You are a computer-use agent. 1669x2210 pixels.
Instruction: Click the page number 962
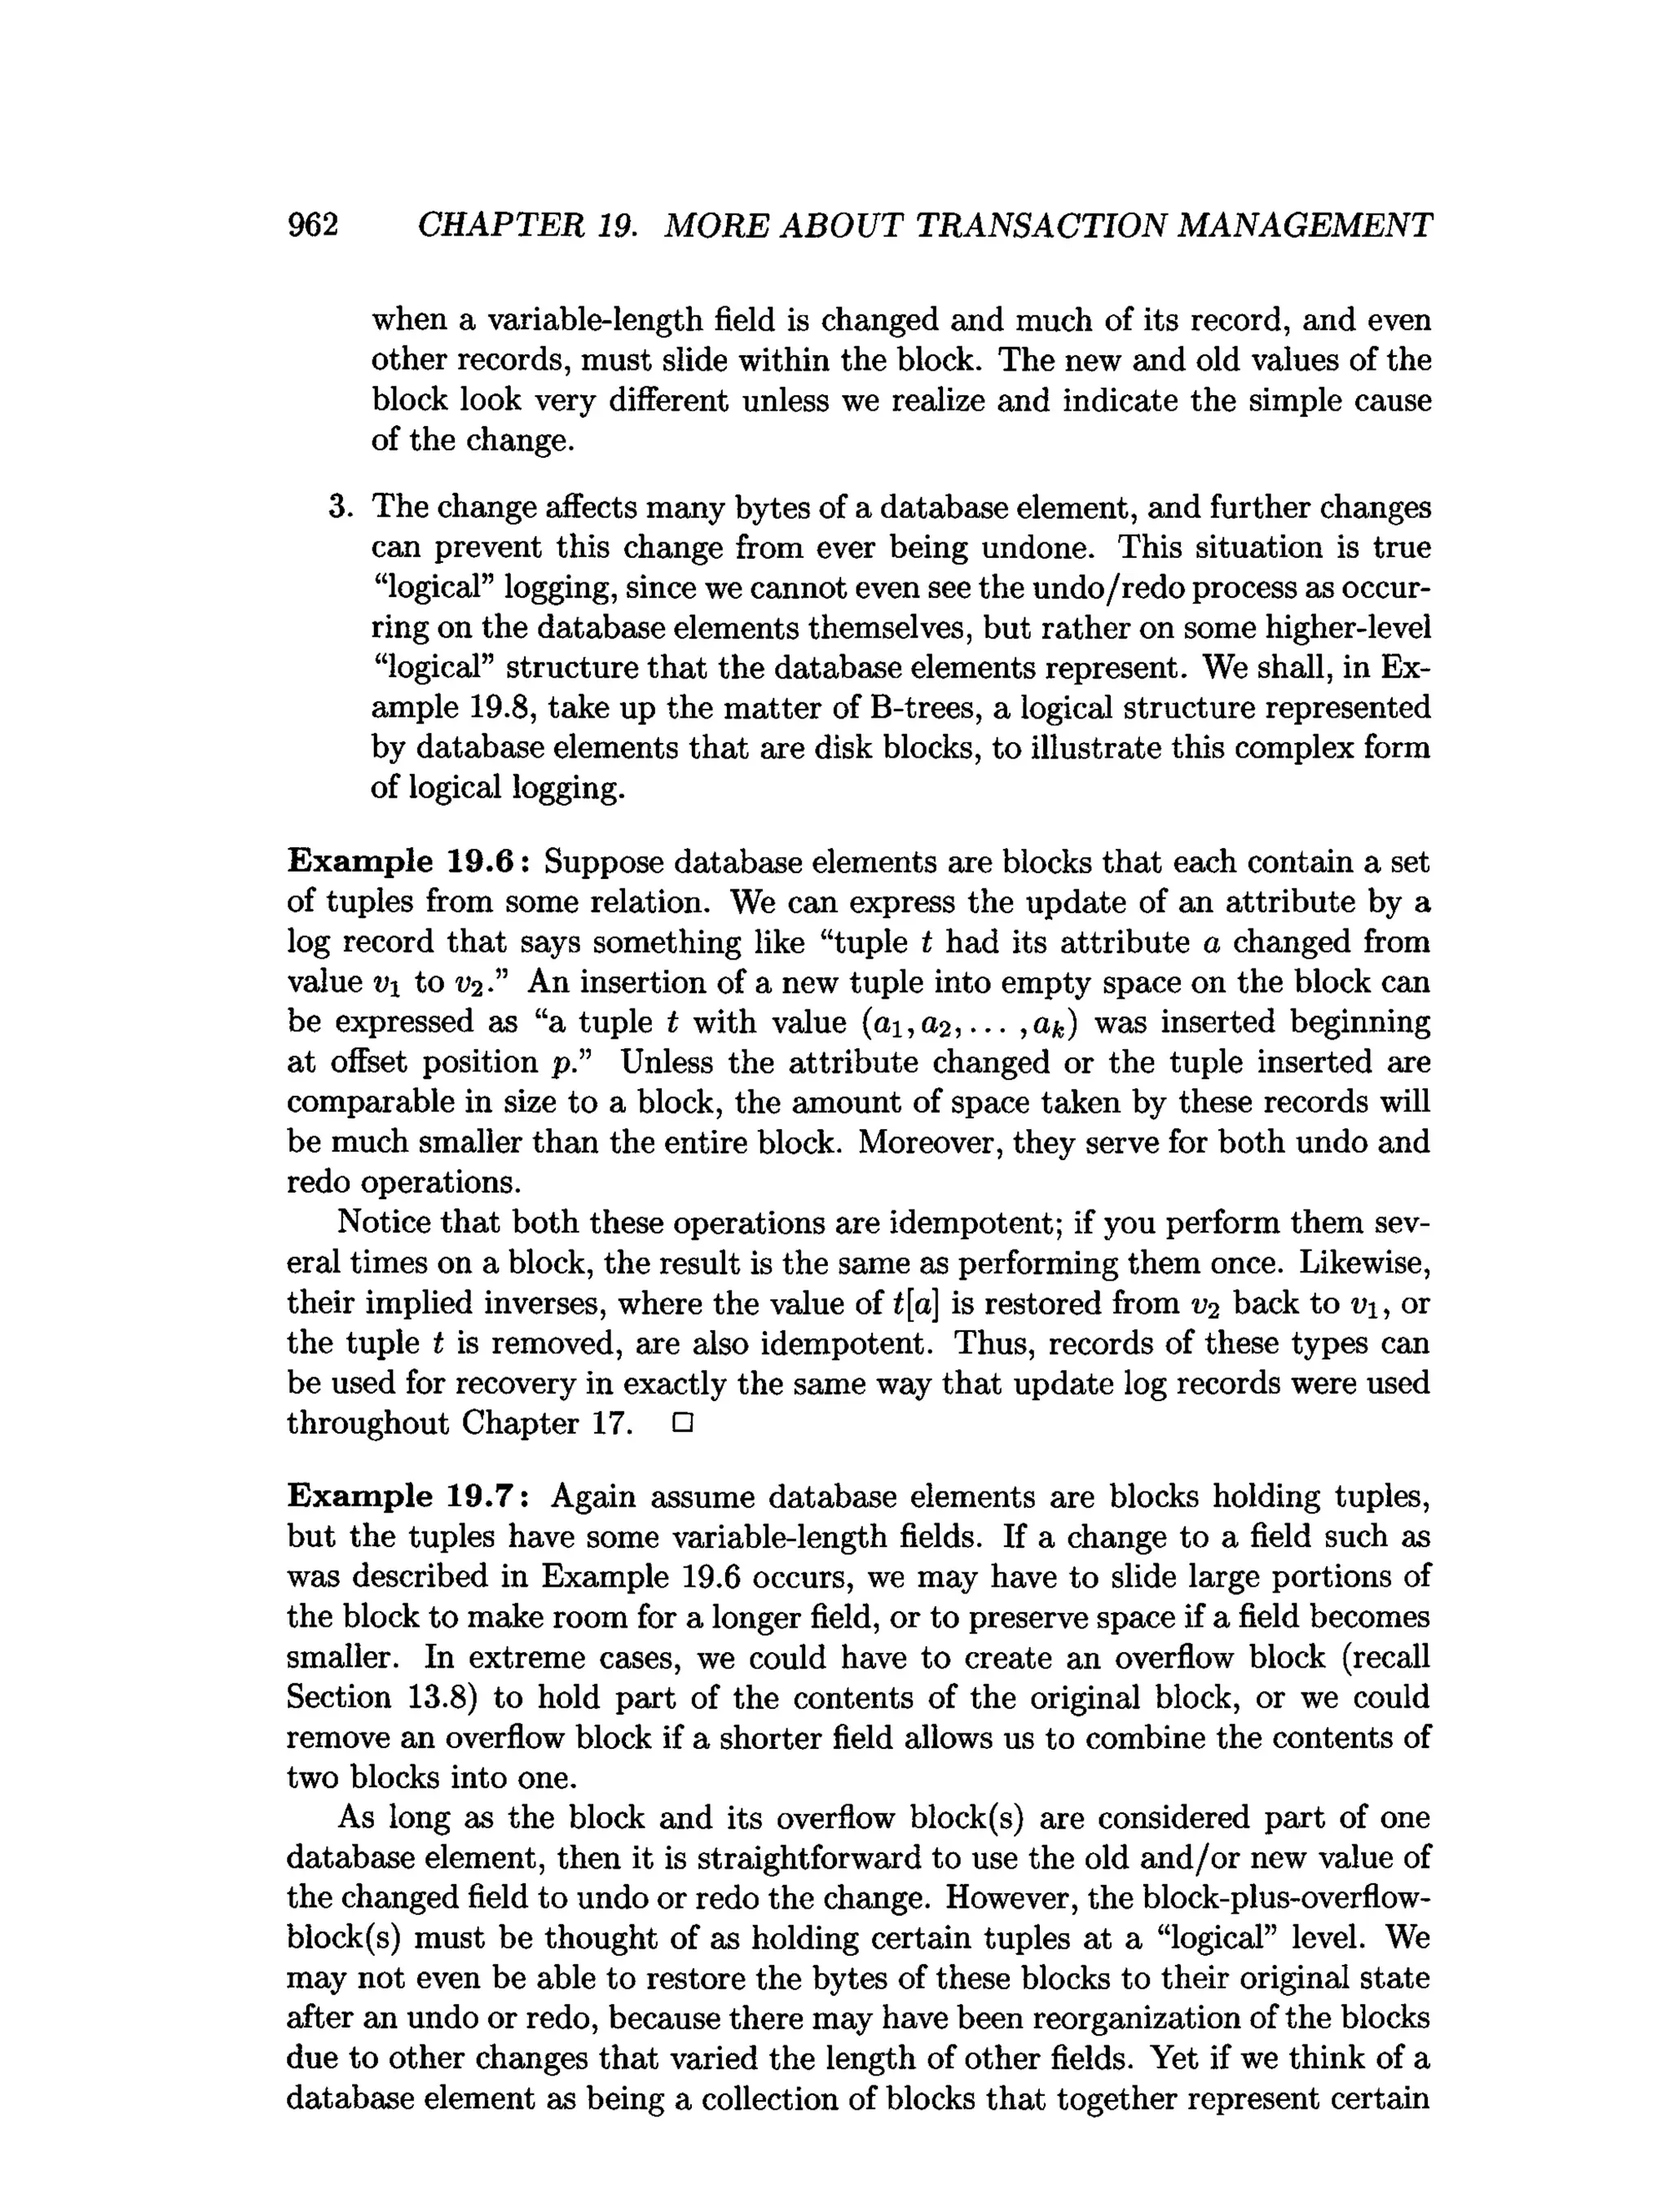313,225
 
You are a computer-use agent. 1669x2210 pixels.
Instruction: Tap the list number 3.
340,507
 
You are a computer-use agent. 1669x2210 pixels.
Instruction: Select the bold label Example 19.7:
409,1496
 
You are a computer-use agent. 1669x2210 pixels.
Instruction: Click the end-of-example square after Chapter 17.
683,1424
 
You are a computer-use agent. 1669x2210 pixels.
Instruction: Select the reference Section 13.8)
367,1698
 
